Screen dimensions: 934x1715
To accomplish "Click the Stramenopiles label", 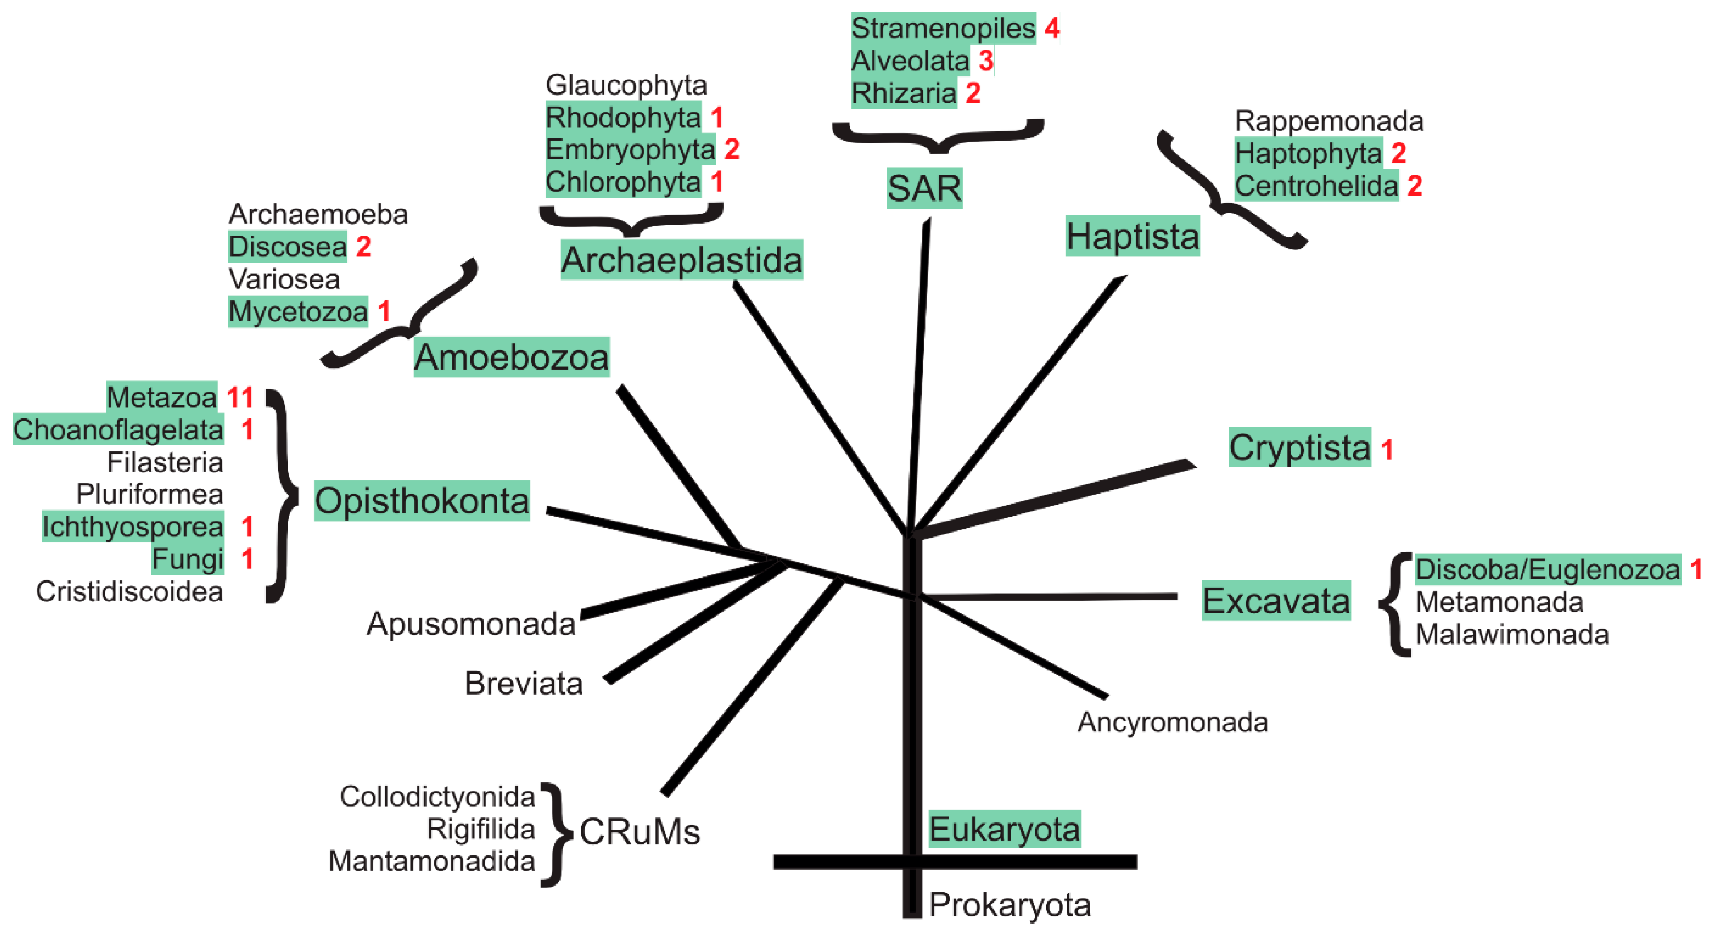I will click(x=943, y=29).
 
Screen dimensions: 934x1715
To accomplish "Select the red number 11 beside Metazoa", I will click(x=240, y=397).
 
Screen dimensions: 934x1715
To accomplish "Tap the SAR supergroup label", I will click(x=924, y=188).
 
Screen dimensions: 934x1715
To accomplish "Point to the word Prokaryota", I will click(x=1009, y=905).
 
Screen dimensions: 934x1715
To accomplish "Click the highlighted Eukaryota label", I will click(x=1004, y=829).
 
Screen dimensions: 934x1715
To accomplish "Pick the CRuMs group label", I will click(x=639, y=832).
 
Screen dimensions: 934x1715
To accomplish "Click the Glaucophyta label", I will click(x=626, y=85).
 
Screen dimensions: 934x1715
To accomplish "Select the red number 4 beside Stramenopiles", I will click(x=1052, y=28).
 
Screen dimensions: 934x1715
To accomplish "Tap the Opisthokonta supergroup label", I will click(x=422, y=500).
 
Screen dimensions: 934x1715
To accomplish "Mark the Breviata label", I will click(x=523, y=684).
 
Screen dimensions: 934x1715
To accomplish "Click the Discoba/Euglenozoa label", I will click(x=1547, y=570).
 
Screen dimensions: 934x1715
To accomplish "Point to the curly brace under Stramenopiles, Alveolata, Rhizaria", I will click(x=938, y=137).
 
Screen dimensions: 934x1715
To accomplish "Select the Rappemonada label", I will click(x=1329, y=121).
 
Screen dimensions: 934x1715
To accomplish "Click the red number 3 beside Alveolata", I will click(x=986, y=61).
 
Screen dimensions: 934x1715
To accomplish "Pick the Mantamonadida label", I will click(x=431, y=861).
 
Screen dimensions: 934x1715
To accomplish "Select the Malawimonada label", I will click(x=1511, y=634).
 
